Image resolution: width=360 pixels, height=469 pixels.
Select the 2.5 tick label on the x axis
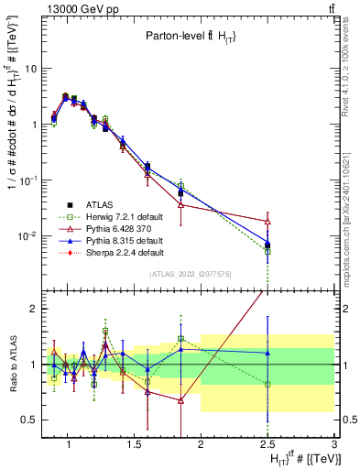(267, 446)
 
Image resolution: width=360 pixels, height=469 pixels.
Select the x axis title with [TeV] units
(302, 459)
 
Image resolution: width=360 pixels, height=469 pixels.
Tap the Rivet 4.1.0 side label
(351, 69)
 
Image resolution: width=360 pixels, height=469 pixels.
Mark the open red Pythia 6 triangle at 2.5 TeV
(267, 221)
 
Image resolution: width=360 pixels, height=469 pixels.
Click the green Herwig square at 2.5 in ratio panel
(267, 385)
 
